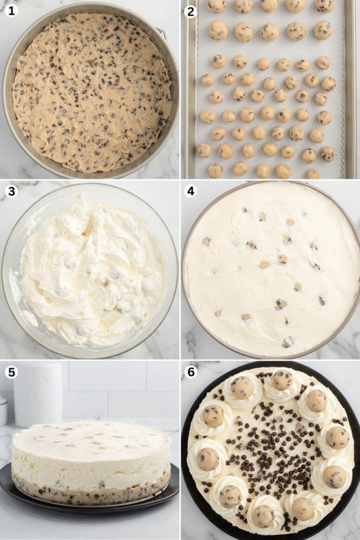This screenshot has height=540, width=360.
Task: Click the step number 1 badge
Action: click(x=11, y=11)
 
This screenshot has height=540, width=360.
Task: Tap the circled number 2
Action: click(x=191, y=11)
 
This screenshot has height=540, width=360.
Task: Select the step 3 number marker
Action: click(x=11, y=191)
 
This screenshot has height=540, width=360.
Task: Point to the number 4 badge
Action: click(x=191, y=191)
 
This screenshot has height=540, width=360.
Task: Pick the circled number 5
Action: click(x=11, y=372)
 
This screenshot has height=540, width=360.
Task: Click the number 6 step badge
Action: click(x=191, y=372)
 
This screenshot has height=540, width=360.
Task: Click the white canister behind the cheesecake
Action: click(x=38, y=394)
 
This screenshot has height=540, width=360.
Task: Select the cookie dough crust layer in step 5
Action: click(x=90, y=490)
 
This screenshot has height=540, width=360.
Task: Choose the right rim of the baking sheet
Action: click(x=349, y=90)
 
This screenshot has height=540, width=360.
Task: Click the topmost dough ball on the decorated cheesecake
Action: click(x=282, y=379)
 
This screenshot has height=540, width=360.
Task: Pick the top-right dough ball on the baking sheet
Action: click(x=325, y=5)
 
